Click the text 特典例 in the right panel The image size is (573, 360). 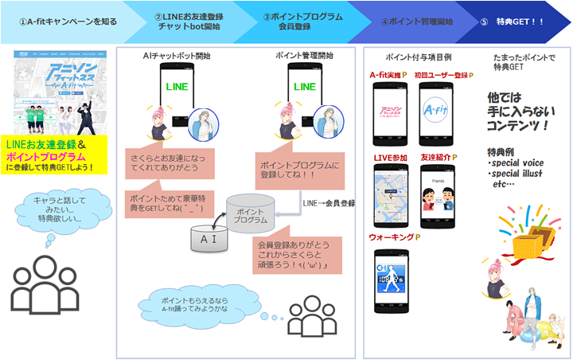tap(501, 151)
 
